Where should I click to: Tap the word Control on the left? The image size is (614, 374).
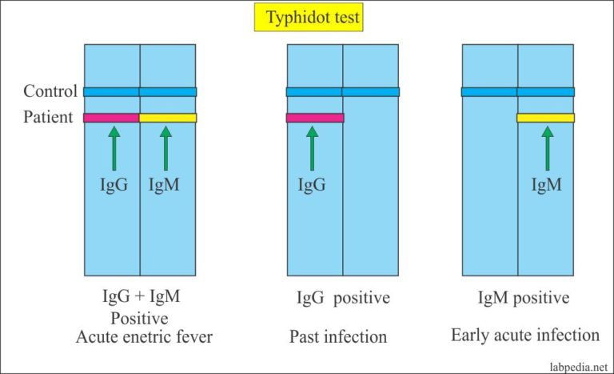coord(50,91)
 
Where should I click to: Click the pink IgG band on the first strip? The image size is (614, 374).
coord(112,118)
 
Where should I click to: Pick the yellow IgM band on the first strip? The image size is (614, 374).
coord(168,118)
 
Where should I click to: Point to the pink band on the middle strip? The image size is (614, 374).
coord(315,118)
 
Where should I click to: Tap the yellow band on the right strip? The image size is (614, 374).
coord(545,118)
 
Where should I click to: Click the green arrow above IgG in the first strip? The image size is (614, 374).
coord(113,147)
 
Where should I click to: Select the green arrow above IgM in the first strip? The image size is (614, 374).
coord(166,147)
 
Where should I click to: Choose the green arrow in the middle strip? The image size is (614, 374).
coord(313,147)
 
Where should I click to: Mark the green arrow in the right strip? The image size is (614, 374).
coord(548,147)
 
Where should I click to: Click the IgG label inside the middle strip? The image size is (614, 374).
coord(313,185)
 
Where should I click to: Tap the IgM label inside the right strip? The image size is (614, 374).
coord(548,185)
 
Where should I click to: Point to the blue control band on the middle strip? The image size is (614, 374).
coord(343,91)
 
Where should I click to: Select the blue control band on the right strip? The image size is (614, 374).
coord(518,91)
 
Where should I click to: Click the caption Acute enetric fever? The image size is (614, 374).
coord(145,337)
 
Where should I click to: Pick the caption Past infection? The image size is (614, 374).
coord(338,337)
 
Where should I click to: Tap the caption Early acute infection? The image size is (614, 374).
coord(525,335)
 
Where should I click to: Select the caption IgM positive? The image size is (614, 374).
coord(524,298)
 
